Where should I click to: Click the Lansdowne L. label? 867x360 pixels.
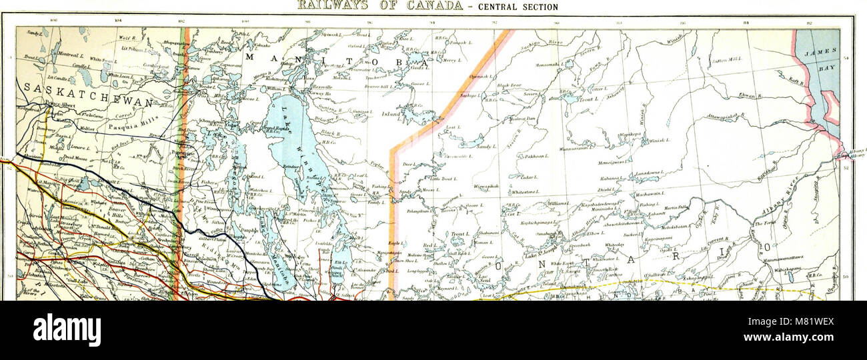tap(646, 173)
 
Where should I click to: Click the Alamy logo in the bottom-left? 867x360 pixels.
tap(67, 330)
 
